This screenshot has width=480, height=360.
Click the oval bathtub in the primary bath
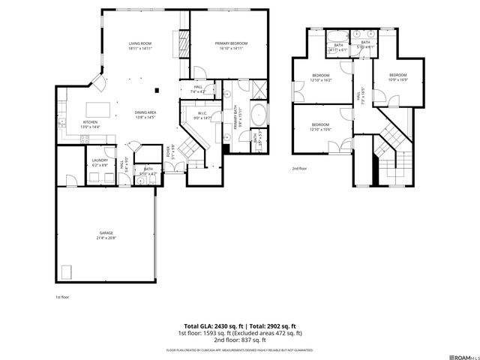click(257, 117)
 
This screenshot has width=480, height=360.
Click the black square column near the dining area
click(157, 91)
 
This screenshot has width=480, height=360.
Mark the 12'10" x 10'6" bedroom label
click(320, 126)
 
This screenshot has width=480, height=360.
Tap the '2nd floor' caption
click(299, 169)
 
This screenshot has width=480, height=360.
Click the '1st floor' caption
click(62, 297)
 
